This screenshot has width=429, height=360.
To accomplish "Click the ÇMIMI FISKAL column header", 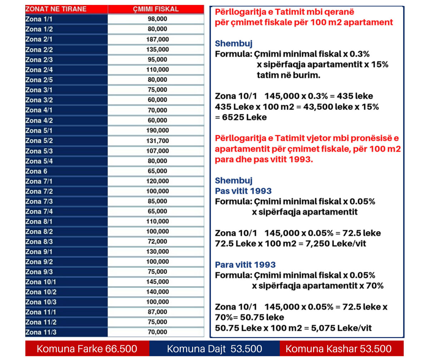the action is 156,9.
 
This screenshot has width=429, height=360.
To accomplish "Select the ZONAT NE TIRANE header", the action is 56,9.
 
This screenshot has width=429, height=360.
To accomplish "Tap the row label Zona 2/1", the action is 39,39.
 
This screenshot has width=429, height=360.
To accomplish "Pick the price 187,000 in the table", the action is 157,39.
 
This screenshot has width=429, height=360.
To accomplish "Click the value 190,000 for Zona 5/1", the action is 157,130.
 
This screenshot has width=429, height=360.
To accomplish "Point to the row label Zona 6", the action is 36,171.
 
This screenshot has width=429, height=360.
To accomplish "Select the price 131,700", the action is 157,141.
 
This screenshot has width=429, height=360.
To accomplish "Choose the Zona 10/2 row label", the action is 41,292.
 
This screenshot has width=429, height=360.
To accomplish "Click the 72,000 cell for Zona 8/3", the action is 157,241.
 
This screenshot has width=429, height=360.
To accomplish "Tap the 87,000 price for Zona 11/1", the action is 157,312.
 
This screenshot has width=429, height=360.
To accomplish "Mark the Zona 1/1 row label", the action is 39,19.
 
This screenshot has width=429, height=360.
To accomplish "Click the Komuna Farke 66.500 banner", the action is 87,349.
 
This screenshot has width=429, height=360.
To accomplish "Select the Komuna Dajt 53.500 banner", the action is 214,349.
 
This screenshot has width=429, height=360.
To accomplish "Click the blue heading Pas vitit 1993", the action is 243,191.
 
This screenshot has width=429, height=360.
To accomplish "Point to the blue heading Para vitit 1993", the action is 245,264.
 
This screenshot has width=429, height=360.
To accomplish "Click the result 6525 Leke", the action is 244,117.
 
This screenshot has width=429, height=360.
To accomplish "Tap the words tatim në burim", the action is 289,75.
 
